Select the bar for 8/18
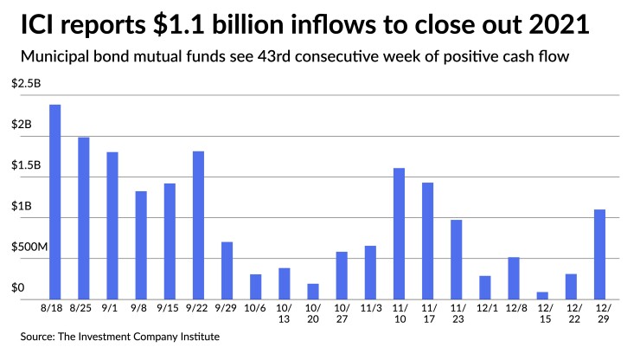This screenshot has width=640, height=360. (54, 202)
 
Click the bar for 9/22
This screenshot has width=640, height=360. (198, 225)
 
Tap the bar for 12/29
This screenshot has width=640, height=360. (598, 254)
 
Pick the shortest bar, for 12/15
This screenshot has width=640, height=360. (541, 295)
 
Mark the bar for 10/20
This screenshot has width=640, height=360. (312, 291)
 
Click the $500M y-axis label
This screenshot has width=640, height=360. (30, 247)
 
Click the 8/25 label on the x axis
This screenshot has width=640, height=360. (83, 308)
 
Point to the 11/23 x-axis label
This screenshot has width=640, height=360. (456, 313)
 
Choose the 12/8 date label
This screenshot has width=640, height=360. (513, 308)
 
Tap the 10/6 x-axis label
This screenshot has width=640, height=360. (255, 308)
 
